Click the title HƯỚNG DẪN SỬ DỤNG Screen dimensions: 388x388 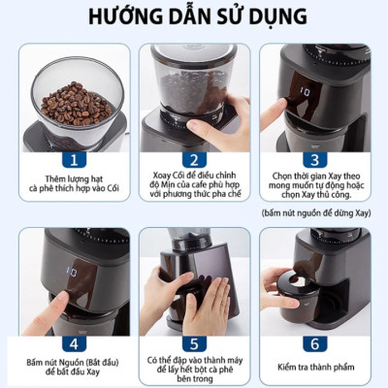tap(194, 18)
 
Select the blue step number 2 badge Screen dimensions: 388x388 tap(193, 159)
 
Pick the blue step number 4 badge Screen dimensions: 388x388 tap(70, 342)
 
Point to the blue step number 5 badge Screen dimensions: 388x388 tap(193, 342)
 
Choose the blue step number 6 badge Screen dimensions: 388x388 tap(316, 342)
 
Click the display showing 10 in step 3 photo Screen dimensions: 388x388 tap(305, 93)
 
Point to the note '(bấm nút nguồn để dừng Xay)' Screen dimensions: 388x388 tap(317, 211)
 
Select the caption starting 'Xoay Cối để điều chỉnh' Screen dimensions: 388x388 tap(193, 187)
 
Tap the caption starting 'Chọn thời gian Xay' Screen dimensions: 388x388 tap(317, 184)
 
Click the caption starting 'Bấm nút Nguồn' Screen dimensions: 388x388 tap(70, 369)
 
